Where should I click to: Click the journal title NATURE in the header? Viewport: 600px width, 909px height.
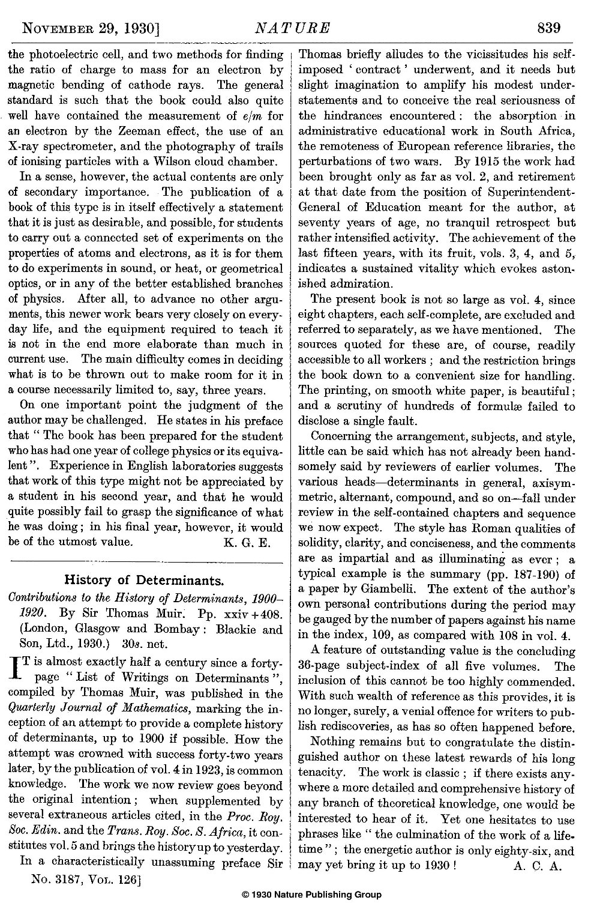(292, 28)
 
